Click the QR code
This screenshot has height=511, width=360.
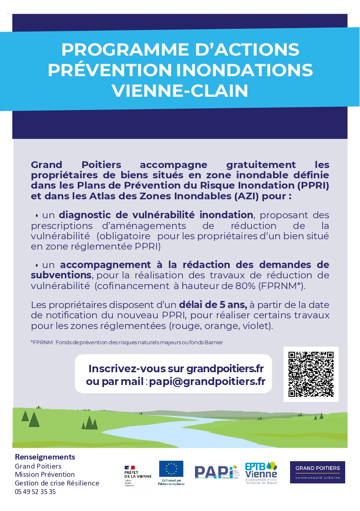coord(311,374)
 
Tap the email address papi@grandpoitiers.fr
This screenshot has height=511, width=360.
coord(207,381)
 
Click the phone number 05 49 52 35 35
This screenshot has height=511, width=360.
coord(35,492)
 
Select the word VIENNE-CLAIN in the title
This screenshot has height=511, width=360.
coord(180,91)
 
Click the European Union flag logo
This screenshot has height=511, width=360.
coord(171,469)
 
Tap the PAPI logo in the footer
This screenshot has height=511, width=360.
coord(216,472)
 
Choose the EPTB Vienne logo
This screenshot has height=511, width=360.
coord(261,473)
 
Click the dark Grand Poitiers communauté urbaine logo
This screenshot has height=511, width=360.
coord(317,472)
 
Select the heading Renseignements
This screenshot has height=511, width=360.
coord(45,457)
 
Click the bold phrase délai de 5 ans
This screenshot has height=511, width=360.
coord(213,305)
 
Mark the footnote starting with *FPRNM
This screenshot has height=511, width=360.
coord(127,342)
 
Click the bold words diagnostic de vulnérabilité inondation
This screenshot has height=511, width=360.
coord(156,215)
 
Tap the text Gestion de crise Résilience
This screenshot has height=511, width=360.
coord(57,483)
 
